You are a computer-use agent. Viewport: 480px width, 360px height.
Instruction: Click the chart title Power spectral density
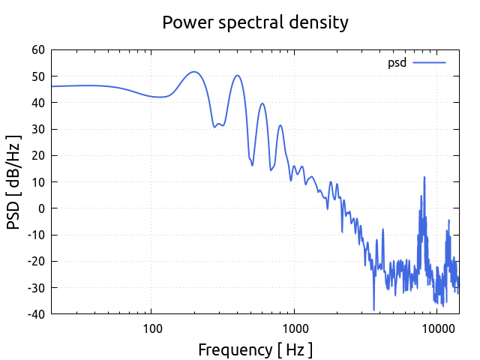[255, 22]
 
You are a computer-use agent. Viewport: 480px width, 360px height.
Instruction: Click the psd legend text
[397, 63]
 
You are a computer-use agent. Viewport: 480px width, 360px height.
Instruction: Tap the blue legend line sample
[429, 63]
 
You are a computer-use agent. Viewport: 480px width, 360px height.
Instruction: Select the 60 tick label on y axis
[37, 50]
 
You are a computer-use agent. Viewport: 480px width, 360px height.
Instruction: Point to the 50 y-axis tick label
[37, 76]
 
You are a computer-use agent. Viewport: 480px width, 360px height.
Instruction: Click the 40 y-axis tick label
[37, 103]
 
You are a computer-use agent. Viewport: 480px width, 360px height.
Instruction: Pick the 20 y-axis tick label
[37, 155]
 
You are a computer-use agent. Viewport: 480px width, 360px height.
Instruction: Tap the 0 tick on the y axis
[41, 208]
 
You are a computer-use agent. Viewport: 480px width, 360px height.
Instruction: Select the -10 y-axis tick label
[35, 235]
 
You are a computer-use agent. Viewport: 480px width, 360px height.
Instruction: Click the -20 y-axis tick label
[35, 261]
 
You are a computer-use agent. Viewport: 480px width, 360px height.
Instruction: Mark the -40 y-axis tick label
[35, 313]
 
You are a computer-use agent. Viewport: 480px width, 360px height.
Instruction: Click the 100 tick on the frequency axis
[151, 328]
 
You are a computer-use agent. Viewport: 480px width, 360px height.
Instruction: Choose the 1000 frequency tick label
[294, 328]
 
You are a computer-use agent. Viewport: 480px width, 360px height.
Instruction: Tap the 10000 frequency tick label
[437, 328]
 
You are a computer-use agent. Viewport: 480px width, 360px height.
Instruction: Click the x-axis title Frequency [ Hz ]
[255, 349]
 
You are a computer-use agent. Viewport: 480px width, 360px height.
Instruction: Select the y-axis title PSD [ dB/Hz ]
[14, 181]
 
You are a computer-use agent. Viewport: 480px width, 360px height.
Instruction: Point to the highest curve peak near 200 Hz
[194, 72]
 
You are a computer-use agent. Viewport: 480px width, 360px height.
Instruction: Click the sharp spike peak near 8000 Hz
[424, 177]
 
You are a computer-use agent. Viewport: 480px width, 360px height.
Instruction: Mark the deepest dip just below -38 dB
[373, 310]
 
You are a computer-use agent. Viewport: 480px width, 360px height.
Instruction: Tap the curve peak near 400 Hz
[237, 75]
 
